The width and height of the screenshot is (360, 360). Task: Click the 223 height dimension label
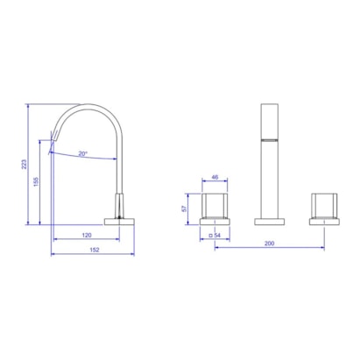pos(25,164)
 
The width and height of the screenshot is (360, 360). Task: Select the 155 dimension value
pos(36,181)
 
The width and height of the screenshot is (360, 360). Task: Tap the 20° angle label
pos(83,153)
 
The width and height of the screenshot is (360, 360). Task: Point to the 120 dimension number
pos(87,235)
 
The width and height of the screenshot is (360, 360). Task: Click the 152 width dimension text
pos(95,250)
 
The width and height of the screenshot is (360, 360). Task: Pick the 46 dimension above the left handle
pos(215,177)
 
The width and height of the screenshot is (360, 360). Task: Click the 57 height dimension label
pos(184,208)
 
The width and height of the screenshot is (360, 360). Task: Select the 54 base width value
pos(217,235)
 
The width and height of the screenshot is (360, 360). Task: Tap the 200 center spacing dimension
pos(269,244)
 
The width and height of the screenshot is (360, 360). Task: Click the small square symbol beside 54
pos(210,235)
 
